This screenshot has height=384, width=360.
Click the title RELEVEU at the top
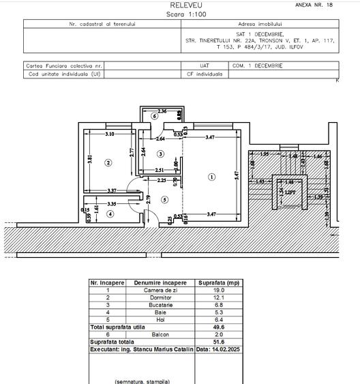click(181, 5)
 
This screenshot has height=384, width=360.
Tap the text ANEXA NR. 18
click(314, 5)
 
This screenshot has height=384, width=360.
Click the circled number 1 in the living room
click(212, 177)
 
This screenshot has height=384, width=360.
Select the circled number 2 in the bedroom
click(108, 162)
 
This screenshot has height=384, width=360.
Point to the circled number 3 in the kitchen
click(160, 154)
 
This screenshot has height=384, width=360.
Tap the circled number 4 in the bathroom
click(110, 213)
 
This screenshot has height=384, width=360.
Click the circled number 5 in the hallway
click(164, 199)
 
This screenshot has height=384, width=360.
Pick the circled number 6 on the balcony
click(155, 117)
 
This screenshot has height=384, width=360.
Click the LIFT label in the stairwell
click(290, 192)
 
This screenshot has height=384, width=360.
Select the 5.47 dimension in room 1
click(237, 175)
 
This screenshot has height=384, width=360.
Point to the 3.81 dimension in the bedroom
click(89, 161)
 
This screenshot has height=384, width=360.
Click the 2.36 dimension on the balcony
click(162, 110)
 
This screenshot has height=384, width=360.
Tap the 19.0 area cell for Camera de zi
click(218, 290)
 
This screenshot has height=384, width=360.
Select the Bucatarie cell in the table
click(160, 305)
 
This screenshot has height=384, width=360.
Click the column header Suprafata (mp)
click(218, 282)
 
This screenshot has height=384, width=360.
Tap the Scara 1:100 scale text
click(181, 14)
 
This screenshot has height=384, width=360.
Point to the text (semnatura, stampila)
click(142, 381)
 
